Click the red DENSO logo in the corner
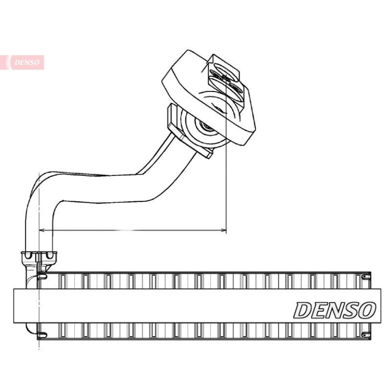pyautogui.click(x=27, y=62)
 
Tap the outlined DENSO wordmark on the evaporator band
pyautogui.click(x=335, y=310)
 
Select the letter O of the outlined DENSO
pyautogui.click(x=368, y=310)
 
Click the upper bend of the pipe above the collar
pyautogui.click(x=42, y=183)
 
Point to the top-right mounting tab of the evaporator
pyautogui.click(x=364, y=277)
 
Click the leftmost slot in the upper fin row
pyautogui.click(x=62, y=281)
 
